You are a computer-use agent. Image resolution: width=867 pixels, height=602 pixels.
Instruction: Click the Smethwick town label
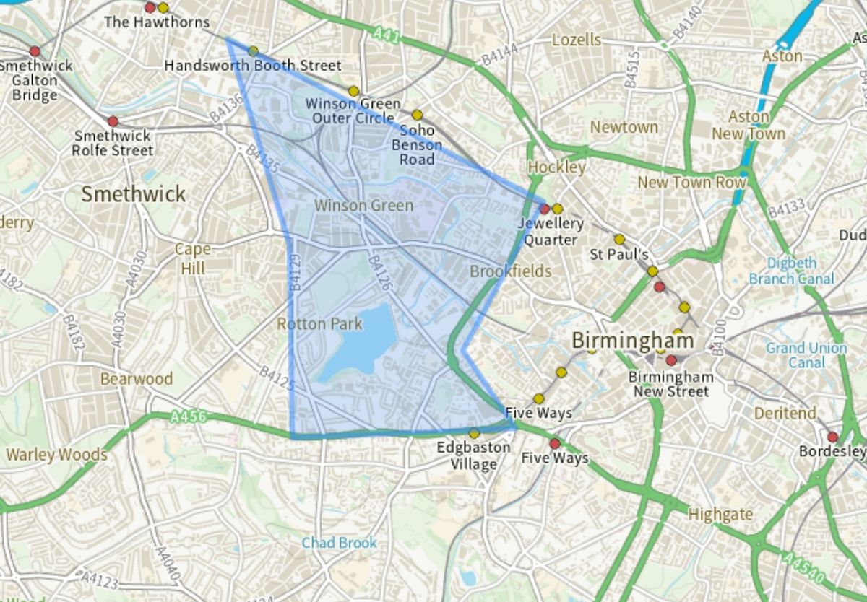pos(133,193)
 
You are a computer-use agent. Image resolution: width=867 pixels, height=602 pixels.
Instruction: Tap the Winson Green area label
pos(363,206)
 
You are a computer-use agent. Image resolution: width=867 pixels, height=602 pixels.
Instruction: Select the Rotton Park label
pos(319,324)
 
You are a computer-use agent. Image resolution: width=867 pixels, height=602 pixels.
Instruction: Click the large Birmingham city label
pos(633,341)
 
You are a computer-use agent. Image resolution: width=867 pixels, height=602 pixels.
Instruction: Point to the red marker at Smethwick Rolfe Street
pos(112,121)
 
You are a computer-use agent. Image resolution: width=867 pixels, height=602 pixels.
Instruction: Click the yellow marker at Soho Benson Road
pos(417,115)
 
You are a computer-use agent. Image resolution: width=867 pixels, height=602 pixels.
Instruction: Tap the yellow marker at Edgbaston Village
pos(474,434)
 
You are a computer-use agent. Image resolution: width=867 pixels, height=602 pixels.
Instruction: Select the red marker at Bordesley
pos(832,437)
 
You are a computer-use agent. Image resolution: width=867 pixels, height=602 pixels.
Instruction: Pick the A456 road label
pos(189,416)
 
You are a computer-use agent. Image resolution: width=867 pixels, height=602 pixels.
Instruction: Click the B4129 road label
pos(295,272)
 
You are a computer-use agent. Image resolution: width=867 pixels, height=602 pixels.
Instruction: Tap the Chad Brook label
pos(339,542)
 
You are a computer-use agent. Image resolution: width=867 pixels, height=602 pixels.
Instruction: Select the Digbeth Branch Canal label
pos(791,271)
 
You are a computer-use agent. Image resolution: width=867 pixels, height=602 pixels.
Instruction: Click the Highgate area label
pos(720,515)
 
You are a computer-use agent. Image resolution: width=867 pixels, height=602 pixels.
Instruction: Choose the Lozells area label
pos(576,40)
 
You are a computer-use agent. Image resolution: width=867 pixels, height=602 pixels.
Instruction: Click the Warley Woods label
pos(56,455)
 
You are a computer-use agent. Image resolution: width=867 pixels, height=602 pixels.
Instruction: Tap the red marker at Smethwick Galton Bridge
pos(35,51)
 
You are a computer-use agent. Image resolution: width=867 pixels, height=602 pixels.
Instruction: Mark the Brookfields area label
pos(510,271)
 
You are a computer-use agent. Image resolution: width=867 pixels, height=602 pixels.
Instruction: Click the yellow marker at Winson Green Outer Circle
pos(353,91)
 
